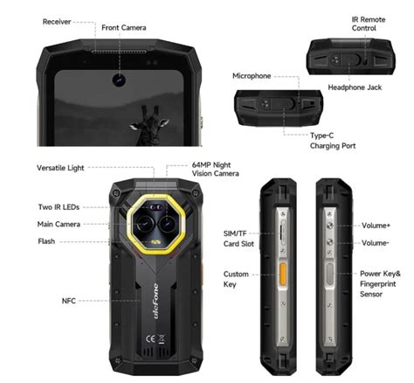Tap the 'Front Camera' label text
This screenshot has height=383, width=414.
coord(124,27)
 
